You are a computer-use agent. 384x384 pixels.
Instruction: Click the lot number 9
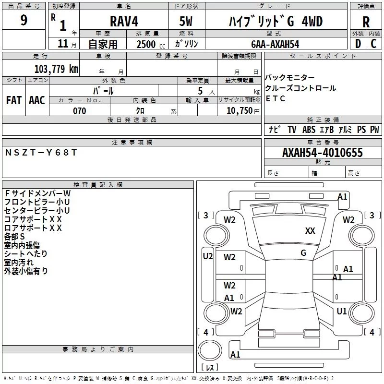[24, 20]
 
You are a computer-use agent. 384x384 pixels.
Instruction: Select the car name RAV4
[124, 21]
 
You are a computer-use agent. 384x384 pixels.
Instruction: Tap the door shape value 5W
[186, 21]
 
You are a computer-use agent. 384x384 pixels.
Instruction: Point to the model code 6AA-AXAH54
[275, 44]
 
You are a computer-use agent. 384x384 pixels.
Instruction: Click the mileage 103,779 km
[56, 69]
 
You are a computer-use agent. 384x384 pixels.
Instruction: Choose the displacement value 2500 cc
[151, 45]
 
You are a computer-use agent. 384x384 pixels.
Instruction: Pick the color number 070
[80, 111]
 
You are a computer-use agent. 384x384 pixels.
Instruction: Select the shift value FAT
[14, 100]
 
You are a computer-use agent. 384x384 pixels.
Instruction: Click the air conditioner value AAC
[37, 100]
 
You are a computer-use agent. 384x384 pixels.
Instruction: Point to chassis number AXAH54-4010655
[323, 153]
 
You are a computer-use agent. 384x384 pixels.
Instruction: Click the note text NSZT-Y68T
[41, 153]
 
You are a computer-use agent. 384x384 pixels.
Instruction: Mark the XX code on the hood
[310, 230]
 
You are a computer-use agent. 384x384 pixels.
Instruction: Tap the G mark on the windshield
[303, 252]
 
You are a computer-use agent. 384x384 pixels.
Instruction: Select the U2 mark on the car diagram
[208, 256]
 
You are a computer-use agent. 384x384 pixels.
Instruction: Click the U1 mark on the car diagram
[342, 311]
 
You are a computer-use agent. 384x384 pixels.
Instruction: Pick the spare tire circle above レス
[210, 350]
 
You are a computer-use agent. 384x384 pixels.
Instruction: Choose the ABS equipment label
[309, 129]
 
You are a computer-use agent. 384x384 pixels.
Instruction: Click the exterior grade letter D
[358, 44]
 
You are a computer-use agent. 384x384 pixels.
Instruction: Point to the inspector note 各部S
[14, 237]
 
